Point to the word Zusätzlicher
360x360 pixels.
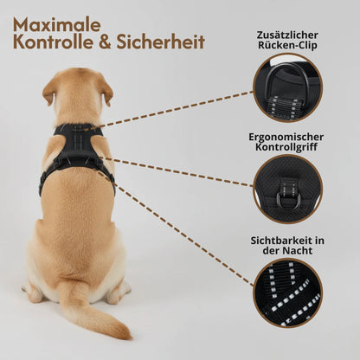[287, 35]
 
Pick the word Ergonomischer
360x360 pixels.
[287, 137]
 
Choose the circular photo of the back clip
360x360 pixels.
[287, 87]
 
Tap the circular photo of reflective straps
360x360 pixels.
[287, 292]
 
